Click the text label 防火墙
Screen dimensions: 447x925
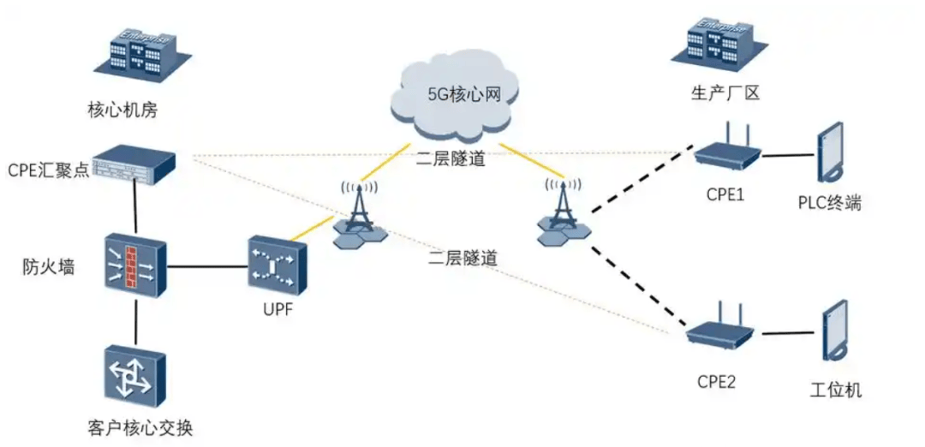click(48, 266)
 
